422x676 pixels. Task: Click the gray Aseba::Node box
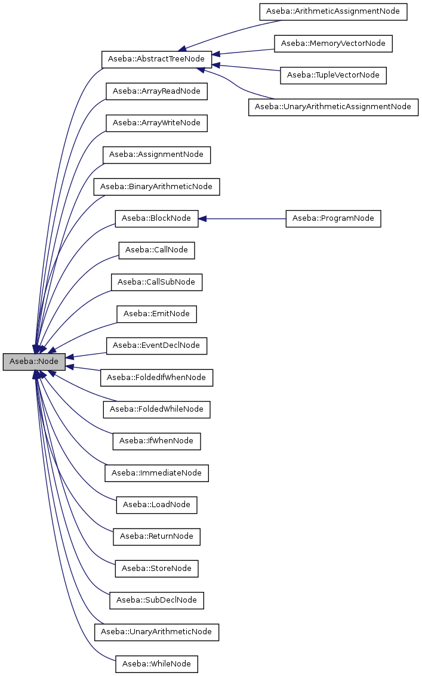[x=34, y=362]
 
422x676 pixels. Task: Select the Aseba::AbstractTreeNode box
[x=156, y=59]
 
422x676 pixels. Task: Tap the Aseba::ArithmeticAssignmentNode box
[x=333, y=11]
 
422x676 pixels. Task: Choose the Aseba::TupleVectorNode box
[x=333, y=75]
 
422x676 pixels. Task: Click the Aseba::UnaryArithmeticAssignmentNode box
[x=333, y=107]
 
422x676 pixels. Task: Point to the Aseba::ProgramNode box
[x=333, y=218]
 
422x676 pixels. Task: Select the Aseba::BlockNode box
[x=156, y=218]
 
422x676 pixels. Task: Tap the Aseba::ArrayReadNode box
[x=156, y=91]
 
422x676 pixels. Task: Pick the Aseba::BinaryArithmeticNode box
[x=156, y=187]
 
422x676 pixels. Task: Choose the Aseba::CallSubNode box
[x=156, y=282]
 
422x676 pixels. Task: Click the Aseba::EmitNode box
[x=156, y=314]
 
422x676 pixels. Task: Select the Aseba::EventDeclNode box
[x=156, y=345]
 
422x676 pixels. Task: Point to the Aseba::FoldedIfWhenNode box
[x=156, y=377]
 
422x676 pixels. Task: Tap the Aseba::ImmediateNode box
[x=156, y=473]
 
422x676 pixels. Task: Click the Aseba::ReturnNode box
[x=156, y=536]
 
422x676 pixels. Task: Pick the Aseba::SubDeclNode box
[x=156, y=600]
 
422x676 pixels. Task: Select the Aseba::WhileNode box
[x=156, y=663]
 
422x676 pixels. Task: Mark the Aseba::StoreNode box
[x=156, y=568]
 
